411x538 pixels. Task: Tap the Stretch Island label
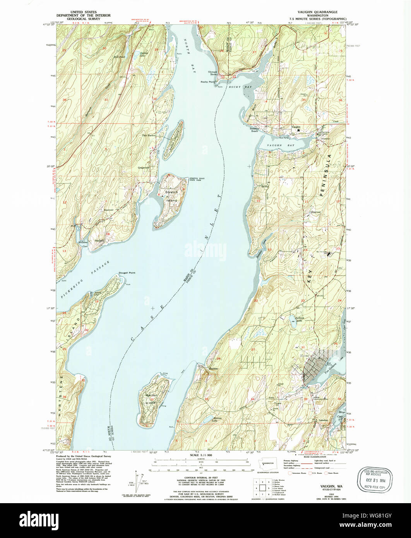(171, 196)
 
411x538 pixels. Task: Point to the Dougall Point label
(127, 273)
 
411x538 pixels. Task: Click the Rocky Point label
(208, 82)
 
